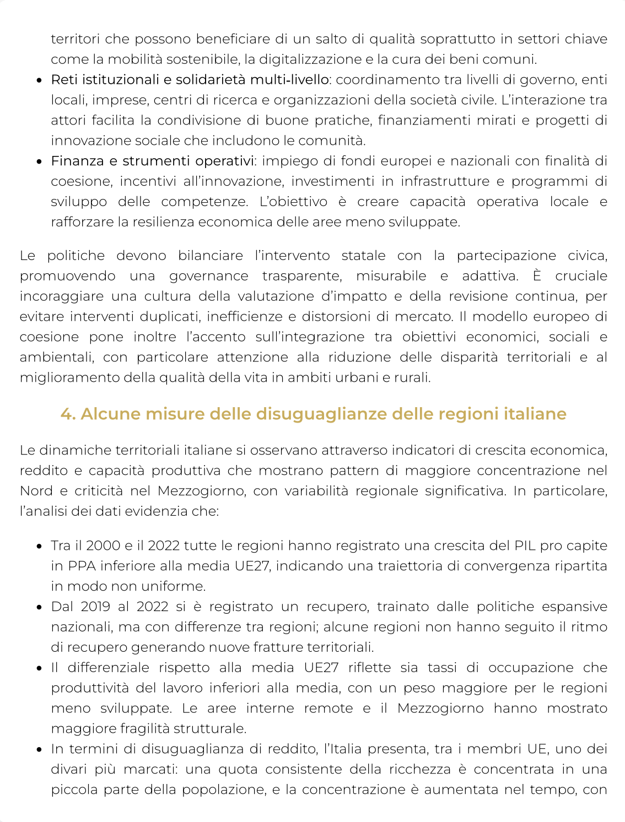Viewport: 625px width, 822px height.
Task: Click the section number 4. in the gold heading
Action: pyautogui.click(x=69, y=414)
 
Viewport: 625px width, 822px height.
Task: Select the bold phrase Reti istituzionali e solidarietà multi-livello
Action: pyautogui.click(x=190, y=79)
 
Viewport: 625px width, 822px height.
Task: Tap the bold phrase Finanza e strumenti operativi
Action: pyautogui.click(x=153, y=161)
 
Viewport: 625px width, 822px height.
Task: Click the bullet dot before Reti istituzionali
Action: pyautogui.click(x=40, y=80)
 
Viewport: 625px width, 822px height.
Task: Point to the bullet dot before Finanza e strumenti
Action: pyautogui.click(x=40, y=162)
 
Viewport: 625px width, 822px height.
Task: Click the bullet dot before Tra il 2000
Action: pyautogui.click(x=40, y=547)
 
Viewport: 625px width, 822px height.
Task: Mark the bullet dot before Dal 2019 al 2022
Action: pyautogui.click(x=40, y=608)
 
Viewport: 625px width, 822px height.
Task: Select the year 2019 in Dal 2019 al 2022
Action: pyautogui.click(x=95, y=607)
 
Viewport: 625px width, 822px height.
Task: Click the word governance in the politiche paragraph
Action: pyautogui.click(x=209, y=275)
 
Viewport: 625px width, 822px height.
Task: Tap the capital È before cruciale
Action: pyautogui.click(x=537, y=275)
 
